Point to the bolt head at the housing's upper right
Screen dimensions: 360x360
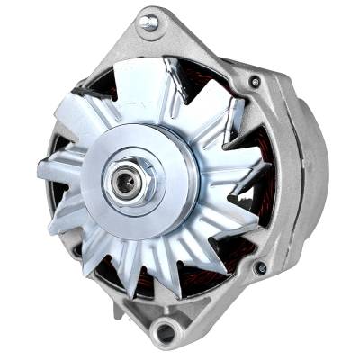(256, 81)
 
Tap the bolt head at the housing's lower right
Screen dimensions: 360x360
(261, 267)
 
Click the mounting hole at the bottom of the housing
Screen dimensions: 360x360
(164, 332)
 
